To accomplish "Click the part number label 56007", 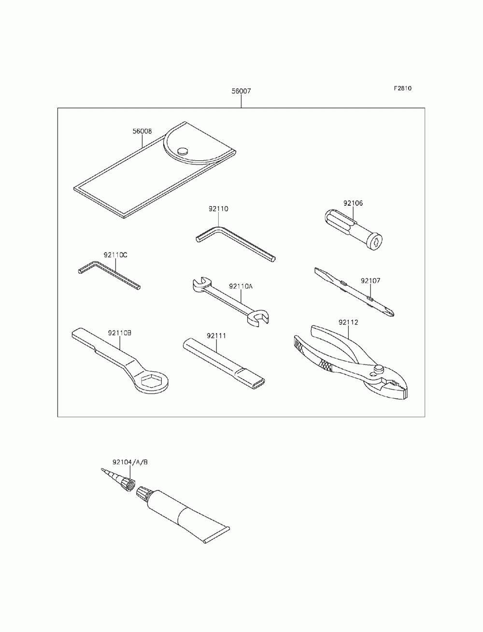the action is pos(241,91).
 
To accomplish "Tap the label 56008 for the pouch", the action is pos(142,131).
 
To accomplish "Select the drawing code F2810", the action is pos(402,88).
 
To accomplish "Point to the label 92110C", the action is pos(115,254).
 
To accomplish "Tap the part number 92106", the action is pos(353,203).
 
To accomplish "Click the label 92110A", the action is pos(241,286).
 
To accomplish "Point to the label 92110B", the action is pos(120,333).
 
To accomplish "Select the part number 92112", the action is pos(348,322).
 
